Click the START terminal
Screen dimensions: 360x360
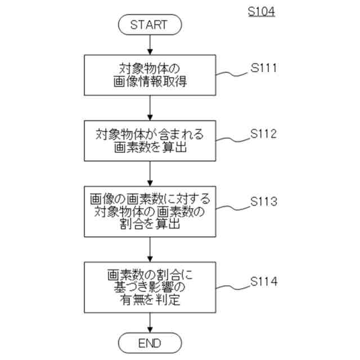point(149,24)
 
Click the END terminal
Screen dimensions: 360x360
point(149,343)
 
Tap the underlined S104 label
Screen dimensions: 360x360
point(262,11)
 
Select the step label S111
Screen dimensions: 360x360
point(264,70)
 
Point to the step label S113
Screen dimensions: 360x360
point(264,201)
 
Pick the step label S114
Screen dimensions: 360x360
point(264,281)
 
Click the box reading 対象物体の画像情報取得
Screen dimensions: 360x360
point(149,76)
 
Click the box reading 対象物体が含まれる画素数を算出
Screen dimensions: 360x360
point(149,141)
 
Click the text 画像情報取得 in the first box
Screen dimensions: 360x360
point(149,83)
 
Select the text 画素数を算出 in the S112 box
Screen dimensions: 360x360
point(149,148)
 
